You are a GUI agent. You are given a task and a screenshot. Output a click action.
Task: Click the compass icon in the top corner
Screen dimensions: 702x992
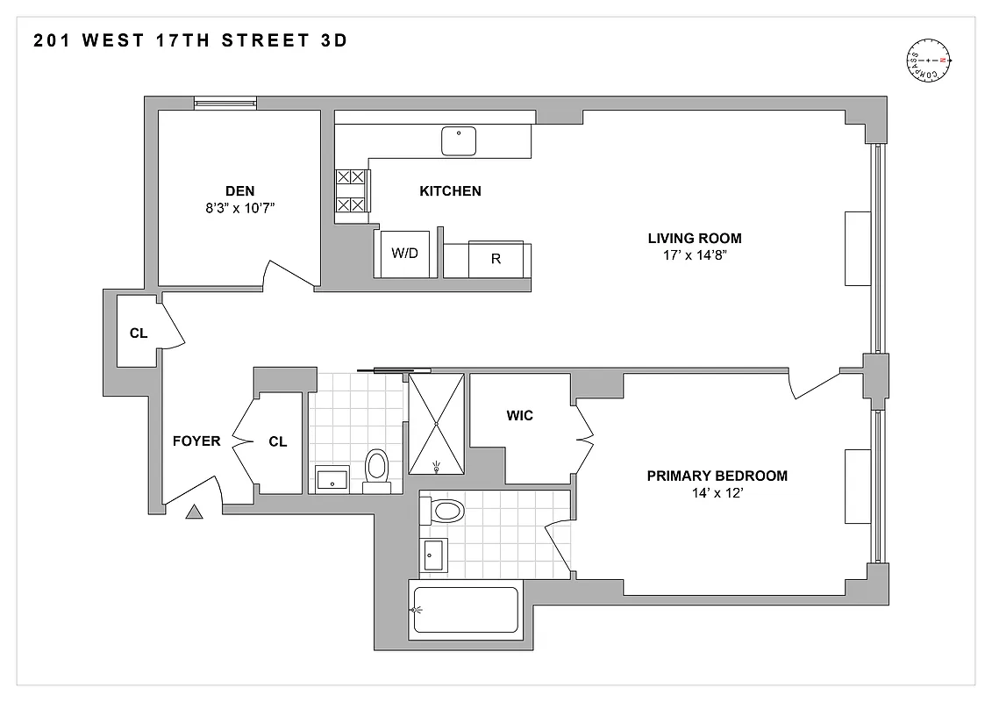928,61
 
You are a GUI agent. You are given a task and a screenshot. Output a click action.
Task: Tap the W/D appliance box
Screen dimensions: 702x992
404,254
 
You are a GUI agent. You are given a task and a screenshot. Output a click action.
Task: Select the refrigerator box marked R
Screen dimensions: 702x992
496,259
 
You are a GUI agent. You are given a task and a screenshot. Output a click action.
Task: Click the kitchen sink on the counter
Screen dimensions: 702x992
458,141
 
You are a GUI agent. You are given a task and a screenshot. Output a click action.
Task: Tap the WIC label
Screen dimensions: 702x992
520,415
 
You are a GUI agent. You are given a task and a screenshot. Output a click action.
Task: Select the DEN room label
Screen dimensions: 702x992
240,190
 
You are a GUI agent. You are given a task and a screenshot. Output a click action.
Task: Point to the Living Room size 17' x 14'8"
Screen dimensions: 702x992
695,255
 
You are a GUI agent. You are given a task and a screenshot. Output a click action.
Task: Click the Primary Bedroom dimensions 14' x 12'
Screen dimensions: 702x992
717,493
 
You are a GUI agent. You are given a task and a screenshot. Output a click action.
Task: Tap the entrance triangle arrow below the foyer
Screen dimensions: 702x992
194,511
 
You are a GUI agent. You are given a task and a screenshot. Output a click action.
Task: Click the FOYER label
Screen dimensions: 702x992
196,441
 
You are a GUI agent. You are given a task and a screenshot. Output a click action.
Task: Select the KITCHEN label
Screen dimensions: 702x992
450,190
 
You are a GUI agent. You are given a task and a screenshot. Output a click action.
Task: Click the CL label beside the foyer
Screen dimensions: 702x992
278,442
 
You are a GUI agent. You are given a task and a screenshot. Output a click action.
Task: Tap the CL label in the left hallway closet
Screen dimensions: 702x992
139,333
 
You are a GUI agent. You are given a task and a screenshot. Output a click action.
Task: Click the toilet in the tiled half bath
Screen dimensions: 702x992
377,467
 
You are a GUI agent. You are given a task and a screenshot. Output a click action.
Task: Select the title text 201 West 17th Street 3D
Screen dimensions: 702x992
190,40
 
